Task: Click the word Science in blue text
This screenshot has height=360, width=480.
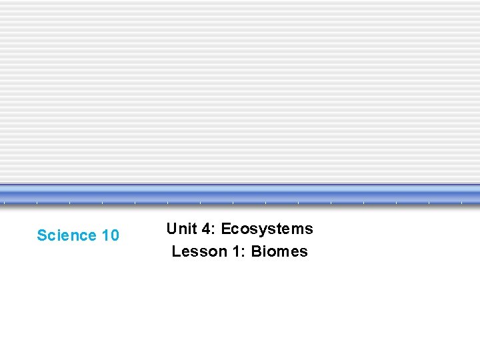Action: [x=67, y=235]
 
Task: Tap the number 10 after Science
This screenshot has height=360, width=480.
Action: [x=111, y=235]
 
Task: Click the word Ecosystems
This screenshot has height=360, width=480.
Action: [x=267, y=229]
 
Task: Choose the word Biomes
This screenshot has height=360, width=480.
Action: [x=279, y=251]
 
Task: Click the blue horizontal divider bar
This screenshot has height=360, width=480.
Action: [x=240, y=194]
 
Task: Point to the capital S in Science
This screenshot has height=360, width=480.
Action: [x=41, y=235]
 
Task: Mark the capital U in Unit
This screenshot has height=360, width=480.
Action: [x=171, y=229]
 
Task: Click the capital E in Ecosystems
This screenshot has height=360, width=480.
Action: [x=225, y=229]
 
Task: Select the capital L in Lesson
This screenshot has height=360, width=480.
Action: [x=175, y=251]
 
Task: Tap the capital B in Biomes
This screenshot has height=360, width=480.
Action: [x=256, y=251]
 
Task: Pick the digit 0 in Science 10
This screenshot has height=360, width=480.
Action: [x=115, y=235]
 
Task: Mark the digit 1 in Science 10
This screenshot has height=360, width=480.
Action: [x=106, y=235]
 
